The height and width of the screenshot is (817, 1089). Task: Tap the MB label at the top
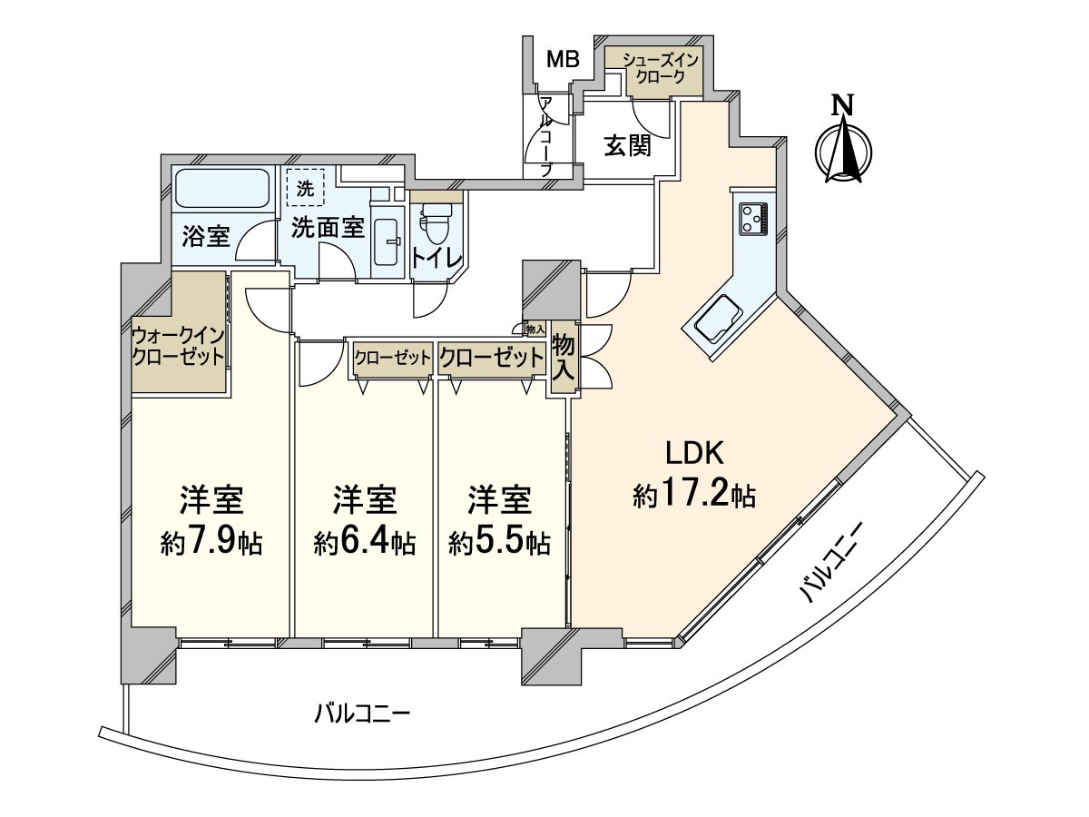563,61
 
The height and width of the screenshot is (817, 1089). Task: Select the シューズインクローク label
660,69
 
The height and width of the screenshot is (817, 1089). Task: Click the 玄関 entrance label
628,145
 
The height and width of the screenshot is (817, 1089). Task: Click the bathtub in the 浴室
221,190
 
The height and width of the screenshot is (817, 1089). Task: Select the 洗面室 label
328,229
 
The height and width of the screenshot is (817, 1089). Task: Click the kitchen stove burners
754,217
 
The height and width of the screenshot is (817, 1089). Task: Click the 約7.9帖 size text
211,542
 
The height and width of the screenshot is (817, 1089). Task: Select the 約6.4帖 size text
365,542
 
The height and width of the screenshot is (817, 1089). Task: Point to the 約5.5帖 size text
500,542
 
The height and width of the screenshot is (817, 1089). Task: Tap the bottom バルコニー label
363,713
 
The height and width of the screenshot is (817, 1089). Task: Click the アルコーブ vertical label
545,136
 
